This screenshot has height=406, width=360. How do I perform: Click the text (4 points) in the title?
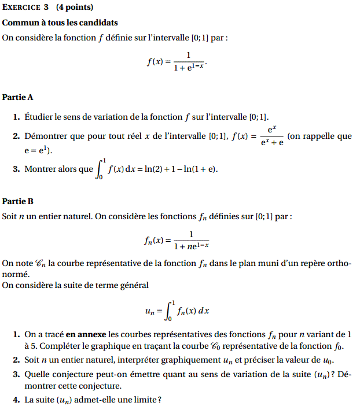tap(75, 8)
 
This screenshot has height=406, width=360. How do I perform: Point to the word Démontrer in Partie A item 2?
tap(47, 136)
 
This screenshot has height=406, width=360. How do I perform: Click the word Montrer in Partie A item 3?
tap(42, 169)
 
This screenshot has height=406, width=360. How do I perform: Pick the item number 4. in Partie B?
tap(16, 400)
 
